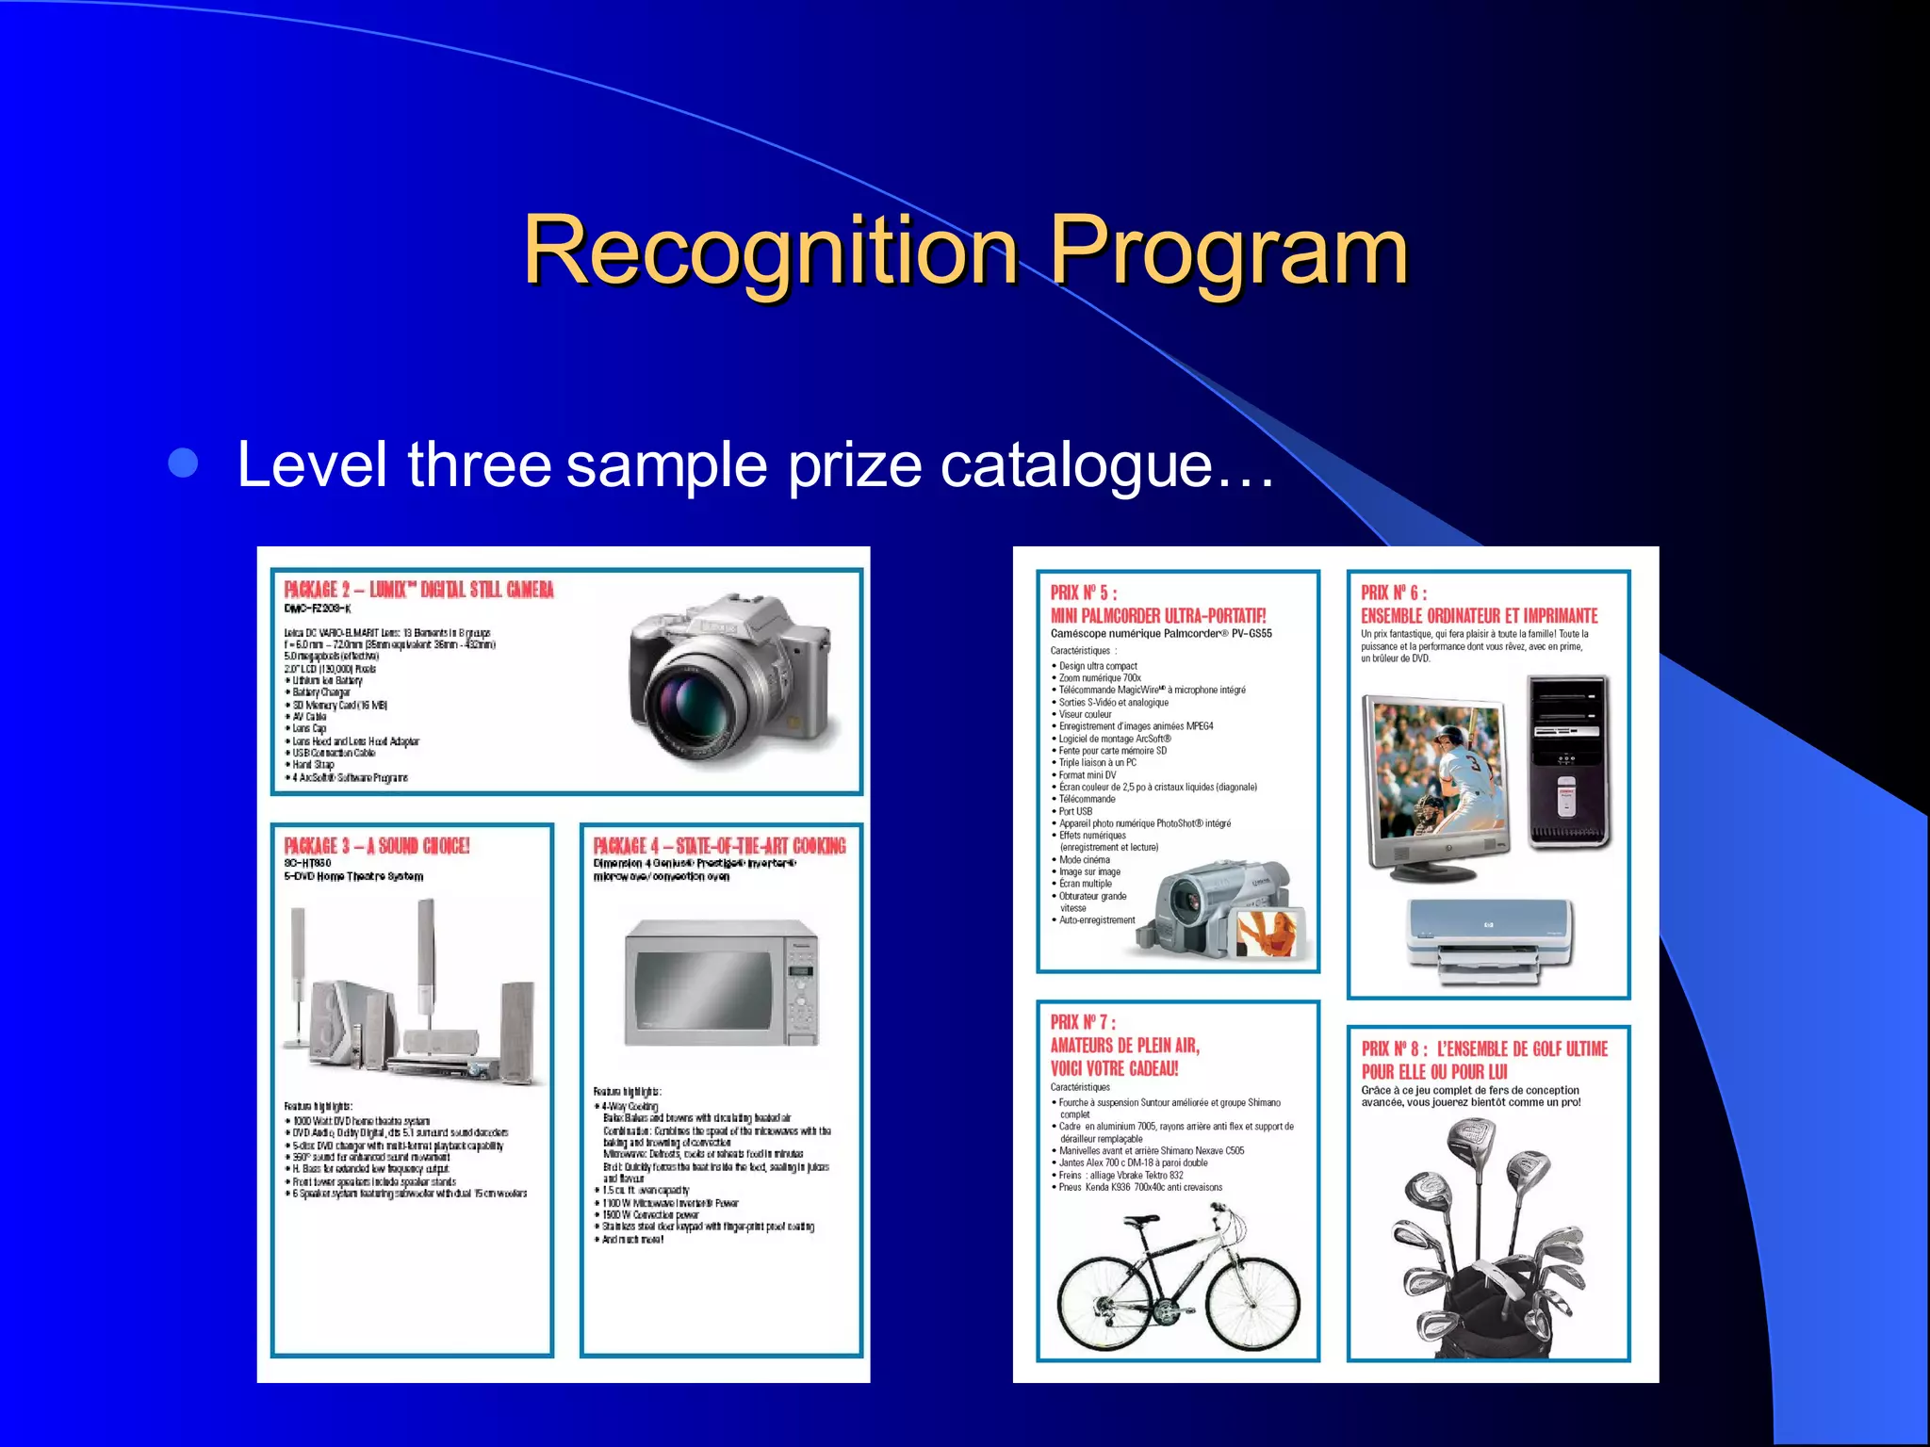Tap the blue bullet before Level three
pos(183,463)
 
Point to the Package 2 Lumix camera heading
pos(418,590)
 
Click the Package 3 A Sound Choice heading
pos(377,846)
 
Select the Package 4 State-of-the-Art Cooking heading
pos(719,846)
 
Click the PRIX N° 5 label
pos(1083,593)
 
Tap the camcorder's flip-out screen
pos(1268,934)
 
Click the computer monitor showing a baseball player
pos(1433,781)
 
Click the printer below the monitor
pos(1489,941)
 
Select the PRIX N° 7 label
pos(1083,1022)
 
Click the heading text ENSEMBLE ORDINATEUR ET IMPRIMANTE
pos(1479,616)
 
